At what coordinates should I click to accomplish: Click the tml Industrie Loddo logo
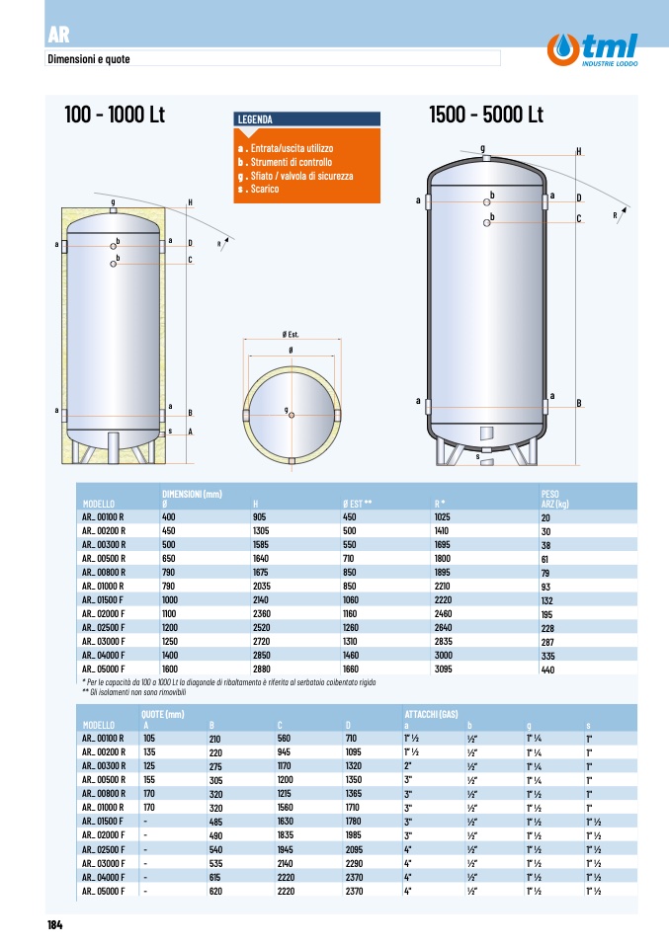[x=592, y=49]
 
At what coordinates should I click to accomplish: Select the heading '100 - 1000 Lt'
[x=115, y=114]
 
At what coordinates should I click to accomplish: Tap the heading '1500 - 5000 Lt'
[x=486, y=114]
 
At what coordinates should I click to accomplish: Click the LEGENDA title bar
[x=306, y=119]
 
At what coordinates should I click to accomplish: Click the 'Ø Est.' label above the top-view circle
[x=291, y=334]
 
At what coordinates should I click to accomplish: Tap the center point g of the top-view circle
[x=292, y=415]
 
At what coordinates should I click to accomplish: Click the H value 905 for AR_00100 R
[x=260, y=517]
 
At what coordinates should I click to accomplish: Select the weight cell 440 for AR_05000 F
[x=547, y=670]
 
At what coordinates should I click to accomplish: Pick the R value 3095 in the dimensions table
[x=443, y=670]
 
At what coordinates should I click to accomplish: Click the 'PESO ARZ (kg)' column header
[x=555, y=499]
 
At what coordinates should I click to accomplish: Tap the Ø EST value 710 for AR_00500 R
[x=349, y=559]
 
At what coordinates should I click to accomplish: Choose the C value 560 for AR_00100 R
[x=284, y=738]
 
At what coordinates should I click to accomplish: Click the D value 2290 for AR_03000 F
[x=355, y=863]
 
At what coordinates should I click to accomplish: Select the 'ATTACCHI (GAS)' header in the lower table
[x=431, y=714]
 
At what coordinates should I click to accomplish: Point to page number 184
[x=55, y=925]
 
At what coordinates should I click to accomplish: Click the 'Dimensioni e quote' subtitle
[x=89, y=59]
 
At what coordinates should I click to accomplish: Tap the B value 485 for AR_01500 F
[x=215, y=822]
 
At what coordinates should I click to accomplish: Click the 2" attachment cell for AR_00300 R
[x=408, y=765]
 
